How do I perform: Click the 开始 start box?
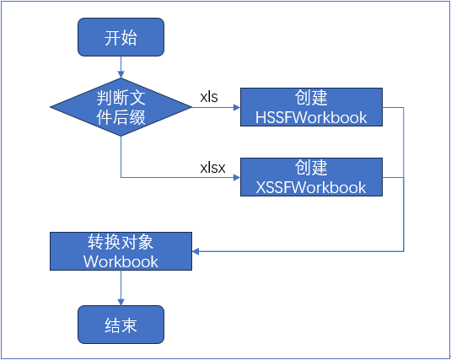[121, 37]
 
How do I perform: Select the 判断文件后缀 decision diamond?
[121, 107]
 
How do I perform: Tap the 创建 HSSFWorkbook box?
[311, 107]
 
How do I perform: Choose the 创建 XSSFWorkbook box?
[311, 177]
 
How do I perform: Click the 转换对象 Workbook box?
[121, 251]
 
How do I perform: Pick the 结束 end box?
[121, 325]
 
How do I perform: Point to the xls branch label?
[209, 97]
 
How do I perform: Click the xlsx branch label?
[212, 167]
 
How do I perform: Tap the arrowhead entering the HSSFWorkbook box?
[237, 107]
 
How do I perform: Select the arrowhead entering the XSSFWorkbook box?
[237, 177]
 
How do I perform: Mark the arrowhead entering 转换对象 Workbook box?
[196, 251]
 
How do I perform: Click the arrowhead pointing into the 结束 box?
[121, 302]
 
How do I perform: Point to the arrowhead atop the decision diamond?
[121, 74]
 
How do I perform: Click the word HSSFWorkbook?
[311, 117]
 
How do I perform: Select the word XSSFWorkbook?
[311, 187]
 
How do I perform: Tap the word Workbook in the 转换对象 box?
[121, 261]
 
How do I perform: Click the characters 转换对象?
[121, 242]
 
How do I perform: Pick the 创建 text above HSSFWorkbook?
[311, 98]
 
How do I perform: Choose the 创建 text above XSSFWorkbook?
[311, 168]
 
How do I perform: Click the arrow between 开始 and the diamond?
[121, 67]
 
